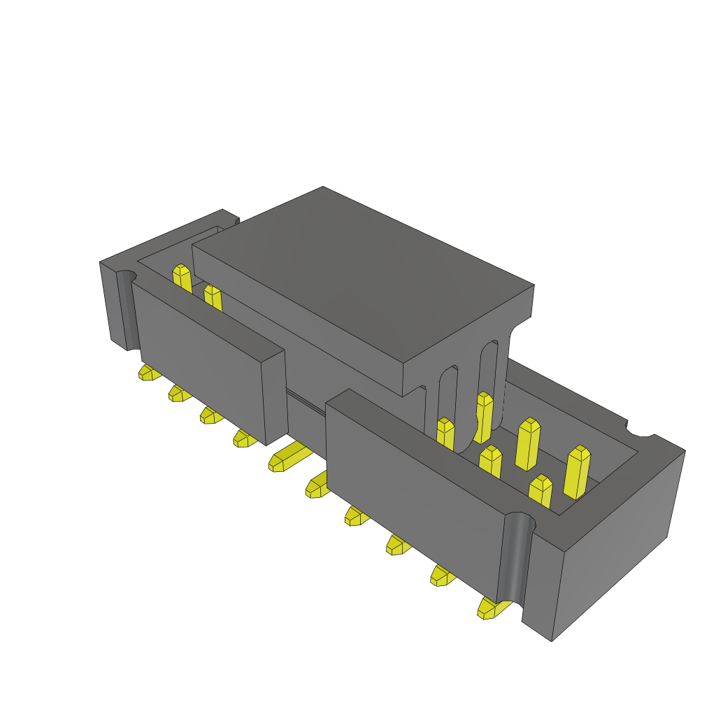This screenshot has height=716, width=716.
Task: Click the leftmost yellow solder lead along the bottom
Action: click(x=148, y=373)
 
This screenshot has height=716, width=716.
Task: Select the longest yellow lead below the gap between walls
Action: click(x=288, y=457)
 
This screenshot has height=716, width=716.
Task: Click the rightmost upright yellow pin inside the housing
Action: click(x=577, y=472)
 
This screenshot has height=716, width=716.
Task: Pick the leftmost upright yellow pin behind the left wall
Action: click(x=182, y=278)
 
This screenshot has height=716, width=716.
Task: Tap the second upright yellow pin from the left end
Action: click(x=213, y=297)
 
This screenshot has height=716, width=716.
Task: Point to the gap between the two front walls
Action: click(x=306, y=413)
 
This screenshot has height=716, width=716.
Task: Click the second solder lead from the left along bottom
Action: click(x=179, y=394)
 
